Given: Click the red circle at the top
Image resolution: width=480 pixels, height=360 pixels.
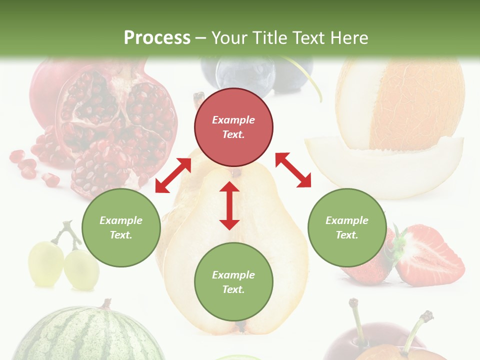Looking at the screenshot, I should (233, 127).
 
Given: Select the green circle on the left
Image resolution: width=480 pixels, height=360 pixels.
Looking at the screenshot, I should (121, 228).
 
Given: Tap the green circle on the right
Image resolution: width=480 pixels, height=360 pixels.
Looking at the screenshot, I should (346, 228).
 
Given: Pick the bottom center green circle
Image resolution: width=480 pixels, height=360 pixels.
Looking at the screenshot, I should (233, 282).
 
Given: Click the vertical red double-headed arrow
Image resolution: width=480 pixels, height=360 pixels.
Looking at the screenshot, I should (229, 205).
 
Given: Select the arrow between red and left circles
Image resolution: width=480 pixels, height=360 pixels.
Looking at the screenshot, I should (173, 175).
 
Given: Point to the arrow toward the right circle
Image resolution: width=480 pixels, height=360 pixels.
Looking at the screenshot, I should (293, 170).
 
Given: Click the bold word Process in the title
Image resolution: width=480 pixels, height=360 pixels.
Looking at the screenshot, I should (157, 37).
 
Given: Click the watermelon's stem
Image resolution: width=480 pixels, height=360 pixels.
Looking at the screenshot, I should (106, 304).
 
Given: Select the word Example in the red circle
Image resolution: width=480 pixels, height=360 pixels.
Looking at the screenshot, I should (233, 120).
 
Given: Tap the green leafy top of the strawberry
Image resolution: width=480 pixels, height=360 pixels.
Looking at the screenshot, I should (399, 245).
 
